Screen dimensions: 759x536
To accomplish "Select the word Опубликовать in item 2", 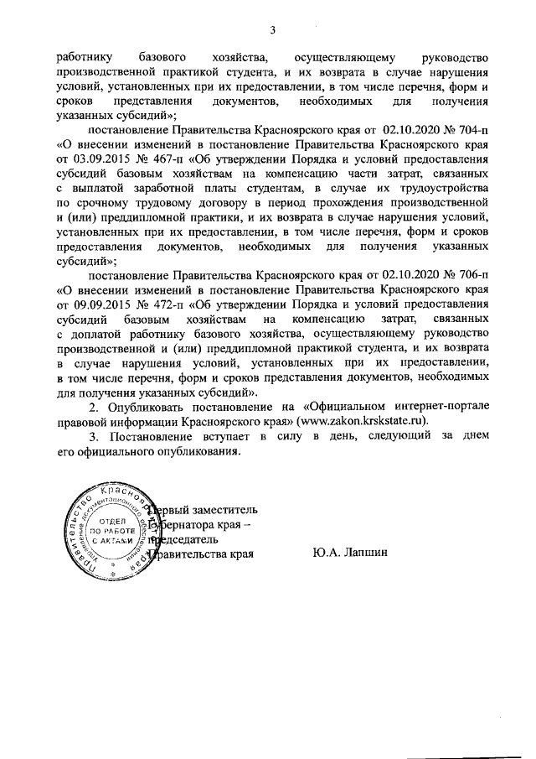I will [x=157, y=405].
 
